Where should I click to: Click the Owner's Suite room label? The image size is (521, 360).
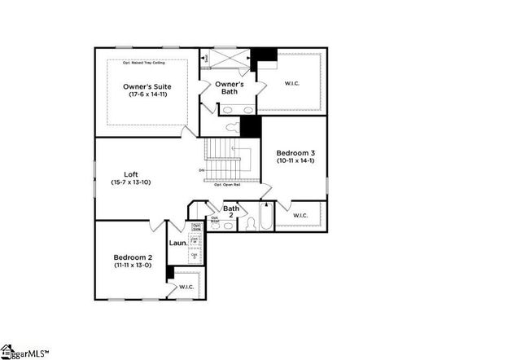click(x=147, y=86)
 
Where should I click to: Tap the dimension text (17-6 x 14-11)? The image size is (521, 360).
click(x=147, y=95)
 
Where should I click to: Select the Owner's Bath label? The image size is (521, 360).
click(x=230, y=88)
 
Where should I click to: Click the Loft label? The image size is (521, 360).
click(x=130, y=173)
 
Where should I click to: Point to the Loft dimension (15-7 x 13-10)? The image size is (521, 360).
click(x=130, y=182)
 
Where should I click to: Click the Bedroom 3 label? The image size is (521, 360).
click(x=294, y=153)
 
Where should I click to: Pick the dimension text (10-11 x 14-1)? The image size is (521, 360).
click(x=294, y=161)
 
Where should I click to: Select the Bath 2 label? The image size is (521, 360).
click(x=232, y=213)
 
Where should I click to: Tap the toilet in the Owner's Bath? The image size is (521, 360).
click(x=233, y=126)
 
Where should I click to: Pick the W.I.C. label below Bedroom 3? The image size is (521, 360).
click(x=300, y=215)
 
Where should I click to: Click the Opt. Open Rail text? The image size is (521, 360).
click(x=230, y=185)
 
